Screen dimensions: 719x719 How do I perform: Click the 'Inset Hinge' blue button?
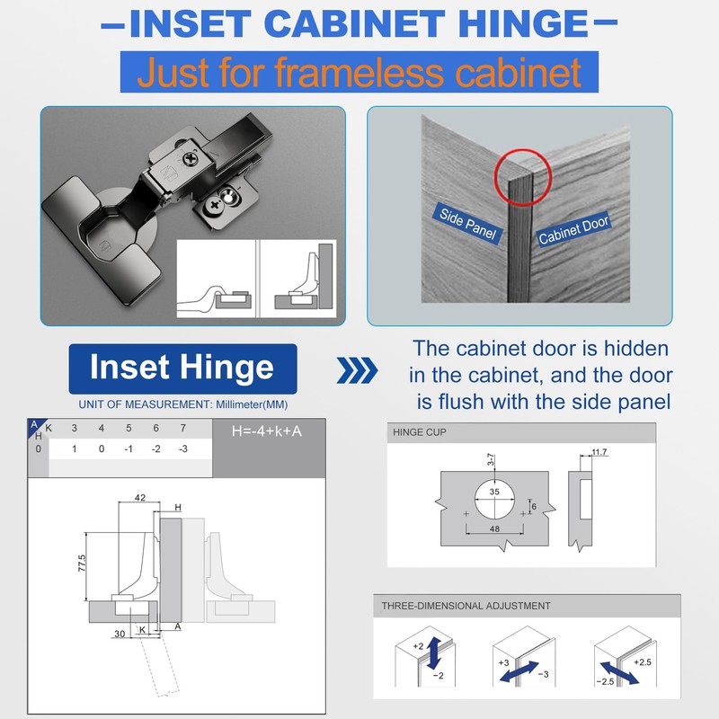pyautogui.click(x=183, y=368)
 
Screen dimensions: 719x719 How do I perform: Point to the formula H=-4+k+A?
pyautogui.click(x=266, y=431)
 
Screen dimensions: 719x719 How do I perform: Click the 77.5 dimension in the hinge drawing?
pyautogui.click(x=82, y=563)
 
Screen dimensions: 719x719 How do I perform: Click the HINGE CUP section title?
pyautogui.click(x=420, y=432)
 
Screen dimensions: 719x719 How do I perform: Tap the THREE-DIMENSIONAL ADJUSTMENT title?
pyautogui.click(x=466, y=606)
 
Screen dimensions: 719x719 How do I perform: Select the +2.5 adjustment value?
pyautogui.click(x=644, y=662)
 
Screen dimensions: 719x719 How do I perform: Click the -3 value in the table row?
pyautogui.click(x=184, y=448)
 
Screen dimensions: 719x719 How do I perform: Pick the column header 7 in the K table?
pyautogui.click(x=184, y=428)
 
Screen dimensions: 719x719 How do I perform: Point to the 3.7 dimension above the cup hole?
pyautogui.click(x=491, y=462)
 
